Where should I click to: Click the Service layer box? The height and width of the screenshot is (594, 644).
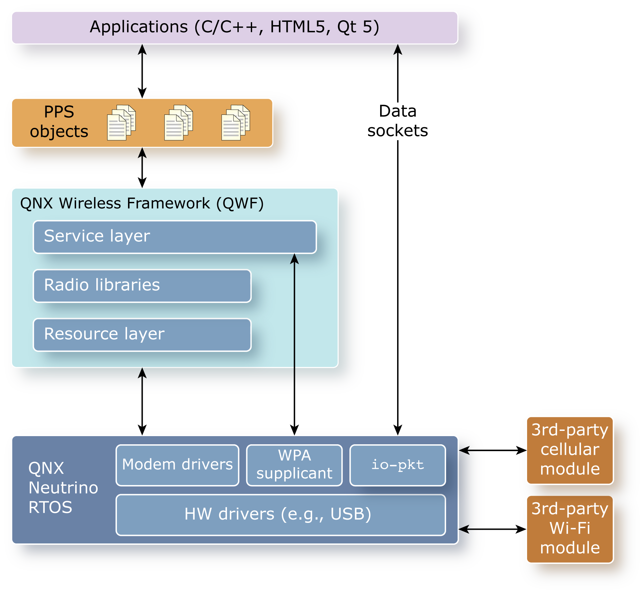pos(175,237)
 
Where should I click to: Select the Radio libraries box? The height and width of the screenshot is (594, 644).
pos(142,286)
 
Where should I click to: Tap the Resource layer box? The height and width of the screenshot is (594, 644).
pos(142,335)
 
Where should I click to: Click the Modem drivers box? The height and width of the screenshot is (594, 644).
pos(177,465)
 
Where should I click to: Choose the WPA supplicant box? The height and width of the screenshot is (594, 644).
pos(294,465)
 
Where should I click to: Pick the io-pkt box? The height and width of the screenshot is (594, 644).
pos(397,465)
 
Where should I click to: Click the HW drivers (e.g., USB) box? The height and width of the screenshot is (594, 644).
pos(281,514)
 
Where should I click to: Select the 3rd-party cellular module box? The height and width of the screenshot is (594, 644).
pos(570,450)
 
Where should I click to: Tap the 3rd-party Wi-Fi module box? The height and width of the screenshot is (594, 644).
pos(570,529)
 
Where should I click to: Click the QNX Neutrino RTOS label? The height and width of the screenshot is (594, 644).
pos(63,488)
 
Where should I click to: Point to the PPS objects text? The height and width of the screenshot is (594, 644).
pos(59,122)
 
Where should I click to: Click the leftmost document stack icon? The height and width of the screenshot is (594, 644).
pos(121,123)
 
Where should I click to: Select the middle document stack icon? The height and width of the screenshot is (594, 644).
pos(178,123)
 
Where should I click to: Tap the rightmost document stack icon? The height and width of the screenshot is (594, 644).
pos(235,123)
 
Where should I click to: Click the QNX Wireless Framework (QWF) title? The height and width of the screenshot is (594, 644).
pos(142,203)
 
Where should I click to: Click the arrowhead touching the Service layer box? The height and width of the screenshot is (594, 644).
pos(294,259)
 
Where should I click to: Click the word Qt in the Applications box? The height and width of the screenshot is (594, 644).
pos(346,27)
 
